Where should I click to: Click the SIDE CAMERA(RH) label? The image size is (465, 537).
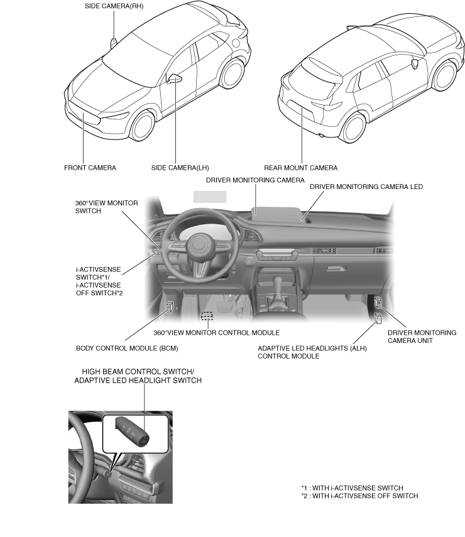tap(112, 7)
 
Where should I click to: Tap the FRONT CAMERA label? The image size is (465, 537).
tap(90, 168)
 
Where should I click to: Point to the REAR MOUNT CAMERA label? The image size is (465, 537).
tap(300, 168)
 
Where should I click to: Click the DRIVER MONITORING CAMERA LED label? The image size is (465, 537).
tap(366, 187)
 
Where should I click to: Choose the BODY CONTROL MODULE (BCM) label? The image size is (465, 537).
tap(116, 347)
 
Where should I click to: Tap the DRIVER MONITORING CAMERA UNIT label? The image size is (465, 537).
tap(422, 336)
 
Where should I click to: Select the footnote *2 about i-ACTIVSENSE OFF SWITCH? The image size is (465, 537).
tap(359, 496)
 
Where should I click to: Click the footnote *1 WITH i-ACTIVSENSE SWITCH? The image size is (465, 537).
tap(352, 487)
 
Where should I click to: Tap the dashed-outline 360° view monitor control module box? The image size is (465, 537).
tap(207, 315)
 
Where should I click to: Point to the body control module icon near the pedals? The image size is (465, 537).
tap(169, 306)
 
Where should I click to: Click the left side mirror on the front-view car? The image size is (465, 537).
tap(174, 79)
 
